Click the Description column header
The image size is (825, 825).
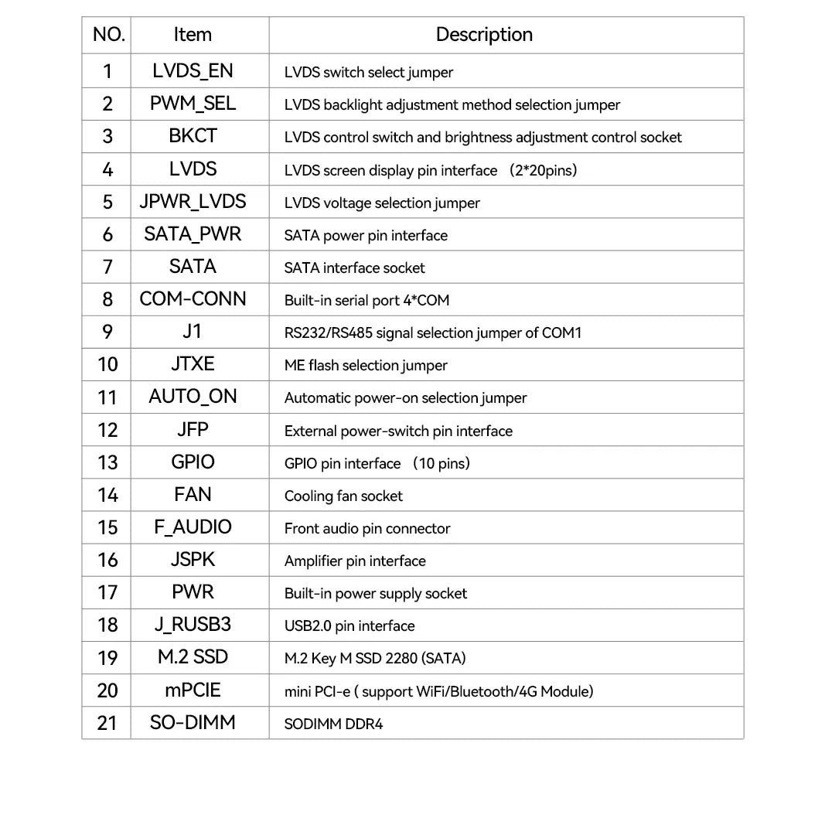(484, 35)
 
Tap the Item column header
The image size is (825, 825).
(193, 35)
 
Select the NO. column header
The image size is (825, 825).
(108, 35)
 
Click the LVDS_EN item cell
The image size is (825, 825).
(193, 71)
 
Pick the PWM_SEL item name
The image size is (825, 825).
(193, 104)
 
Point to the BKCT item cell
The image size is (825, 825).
(193, 136)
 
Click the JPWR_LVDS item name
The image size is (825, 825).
(193, 202)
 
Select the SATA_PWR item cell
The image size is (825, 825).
(193, 234)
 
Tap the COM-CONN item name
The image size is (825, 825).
(193, 299)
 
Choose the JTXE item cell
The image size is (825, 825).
(193, 364)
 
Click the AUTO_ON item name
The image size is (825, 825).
(193, 397)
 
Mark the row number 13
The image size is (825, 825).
(107, 462)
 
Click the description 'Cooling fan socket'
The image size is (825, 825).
(343, 496)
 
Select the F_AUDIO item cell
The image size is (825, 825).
(193, 527)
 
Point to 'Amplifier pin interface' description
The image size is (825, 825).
(355, 561)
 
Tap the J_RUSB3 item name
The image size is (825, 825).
(193, 625)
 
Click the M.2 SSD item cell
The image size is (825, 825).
(193, 657)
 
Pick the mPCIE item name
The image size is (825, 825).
(193, 690)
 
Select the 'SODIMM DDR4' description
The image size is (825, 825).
(333, 724)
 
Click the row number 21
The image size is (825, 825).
(107, 723)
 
